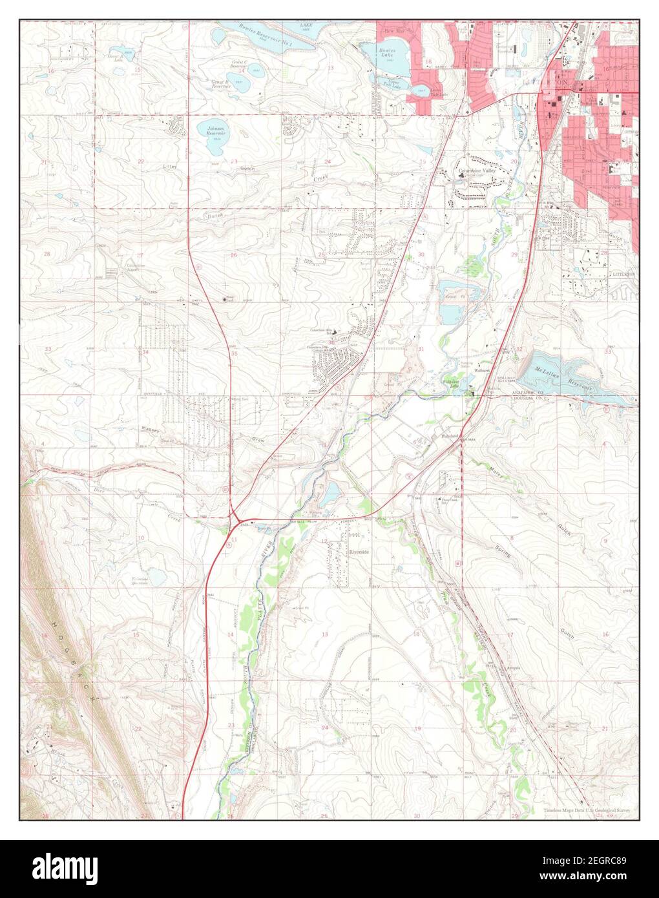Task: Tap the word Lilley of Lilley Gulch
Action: [x=171, y=166]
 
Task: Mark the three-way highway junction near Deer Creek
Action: [x=238, y=518]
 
